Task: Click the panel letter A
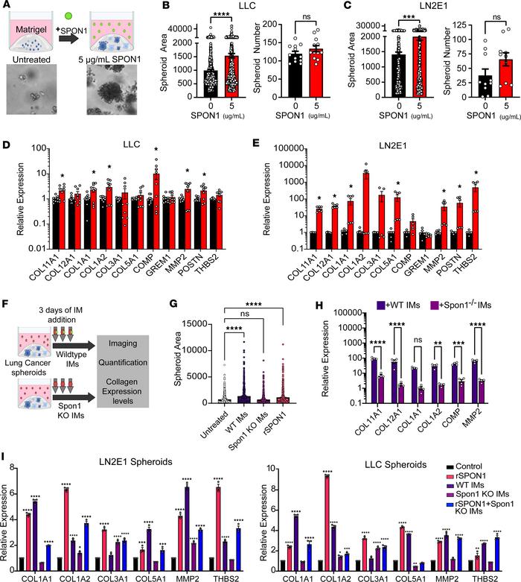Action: (6, 7)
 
